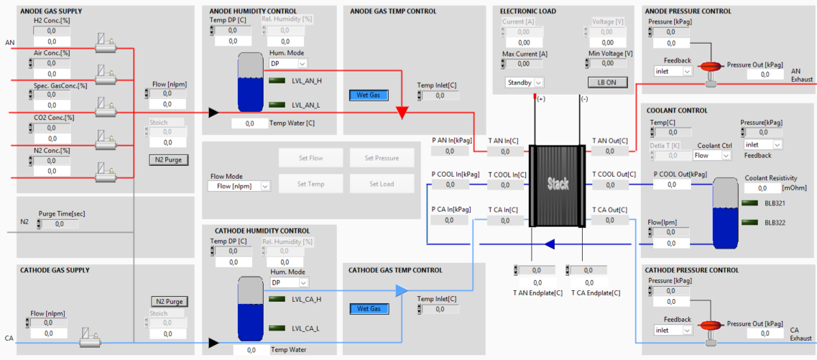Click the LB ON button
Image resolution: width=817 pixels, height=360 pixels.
click(x=607, y=83)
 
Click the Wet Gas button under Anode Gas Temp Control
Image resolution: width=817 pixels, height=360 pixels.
click(x=369, y=96)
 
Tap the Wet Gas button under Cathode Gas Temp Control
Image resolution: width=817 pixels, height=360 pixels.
click(x=369, y=309)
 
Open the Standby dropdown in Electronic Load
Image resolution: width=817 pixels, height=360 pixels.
click(x=524, y=83)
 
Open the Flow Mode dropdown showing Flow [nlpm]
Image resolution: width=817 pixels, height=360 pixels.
click(x=239, y=186)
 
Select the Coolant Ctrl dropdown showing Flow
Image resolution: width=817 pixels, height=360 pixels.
click(x=712, y=155)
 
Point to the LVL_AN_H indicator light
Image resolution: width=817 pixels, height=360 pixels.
click(x=277, y=80)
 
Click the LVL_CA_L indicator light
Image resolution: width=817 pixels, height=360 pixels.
click(x=277, y=328)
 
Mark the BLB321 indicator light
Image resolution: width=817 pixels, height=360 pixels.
click(x=751, y=203)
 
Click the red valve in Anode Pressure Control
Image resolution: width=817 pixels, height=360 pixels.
click(x=708, y=67)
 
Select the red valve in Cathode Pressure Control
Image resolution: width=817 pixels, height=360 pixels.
click(x=708, y=325)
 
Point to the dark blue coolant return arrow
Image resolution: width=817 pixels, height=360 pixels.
click(x=549, y=244)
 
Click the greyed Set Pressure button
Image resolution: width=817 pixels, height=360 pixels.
click(x=382, y=158)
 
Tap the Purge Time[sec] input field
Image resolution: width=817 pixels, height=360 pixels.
click(x=60, y=224)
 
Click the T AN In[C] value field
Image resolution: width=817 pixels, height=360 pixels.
click(x=505, y=152)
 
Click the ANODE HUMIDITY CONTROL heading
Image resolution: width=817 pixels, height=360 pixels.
click(x=253, y=11)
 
